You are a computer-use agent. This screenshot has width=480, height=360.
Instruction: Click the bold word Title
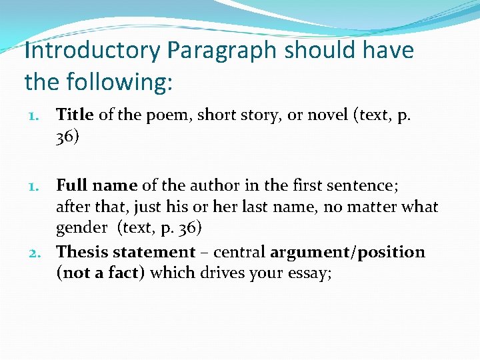coord(75,115)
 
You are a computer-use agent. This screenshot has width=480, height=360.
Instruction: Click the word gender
coord(81,228)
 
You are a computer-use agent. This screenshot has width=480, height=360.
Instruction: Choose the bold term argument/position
coord(347,252)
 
